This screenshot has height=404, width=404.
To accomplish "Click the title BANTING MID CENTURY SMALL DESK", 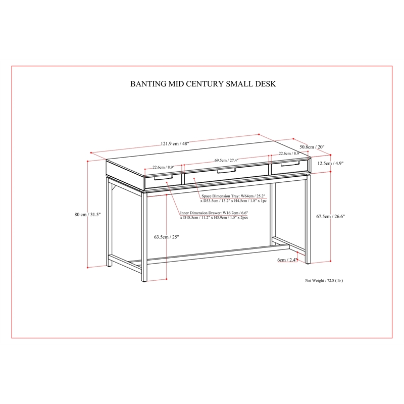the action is pos(203,84).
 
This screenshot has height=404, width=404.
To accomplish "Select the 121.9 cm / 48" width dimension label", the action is pos(175,143).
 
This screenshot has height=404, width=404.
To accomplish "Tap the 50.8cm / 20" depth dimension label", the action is pos(312,147).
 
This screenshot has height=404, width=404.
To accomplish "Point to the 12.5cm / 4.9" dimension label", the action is pos(330,163).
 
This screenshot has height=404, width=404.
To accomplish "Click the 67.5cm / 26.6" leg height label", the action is pos(330,217).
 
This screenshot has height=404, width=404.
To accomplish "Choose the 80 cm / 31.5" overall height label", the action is pos(87,214).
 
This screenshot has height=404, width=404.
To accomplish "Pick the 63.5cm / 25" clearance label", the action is pos(167,237).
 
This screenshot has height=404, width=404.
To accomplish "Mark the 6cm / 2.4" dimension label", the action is pos(287,260).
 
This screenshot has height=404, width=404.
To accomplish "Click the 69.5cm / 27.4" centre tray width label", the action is pos(226,160).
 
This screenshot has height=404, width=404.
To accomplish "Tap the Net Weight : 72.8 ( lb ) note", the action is pos(324,280).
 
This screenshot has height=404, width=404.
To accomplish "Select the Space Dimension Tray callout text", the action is pos(233,198).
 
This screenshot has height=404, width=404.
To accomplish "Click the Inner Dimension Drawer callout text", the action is pos(214,215).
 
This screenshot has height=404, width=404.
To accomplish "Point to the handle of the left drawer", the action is pos(163,177).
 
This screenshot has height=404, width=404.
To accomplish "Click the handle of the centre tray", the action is pos(226,171).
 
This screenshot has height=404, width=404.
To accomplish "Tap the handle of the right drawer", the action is pos(290,164).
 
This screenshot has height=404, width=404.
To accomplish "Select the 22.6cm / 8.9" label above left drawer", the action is pos(163,167).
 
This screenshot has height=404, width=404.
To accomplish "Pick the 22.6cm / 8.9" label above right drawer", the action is pos(289,154).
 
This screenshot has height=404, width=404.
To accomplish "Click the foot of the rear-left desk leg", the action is pos(109,265).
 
